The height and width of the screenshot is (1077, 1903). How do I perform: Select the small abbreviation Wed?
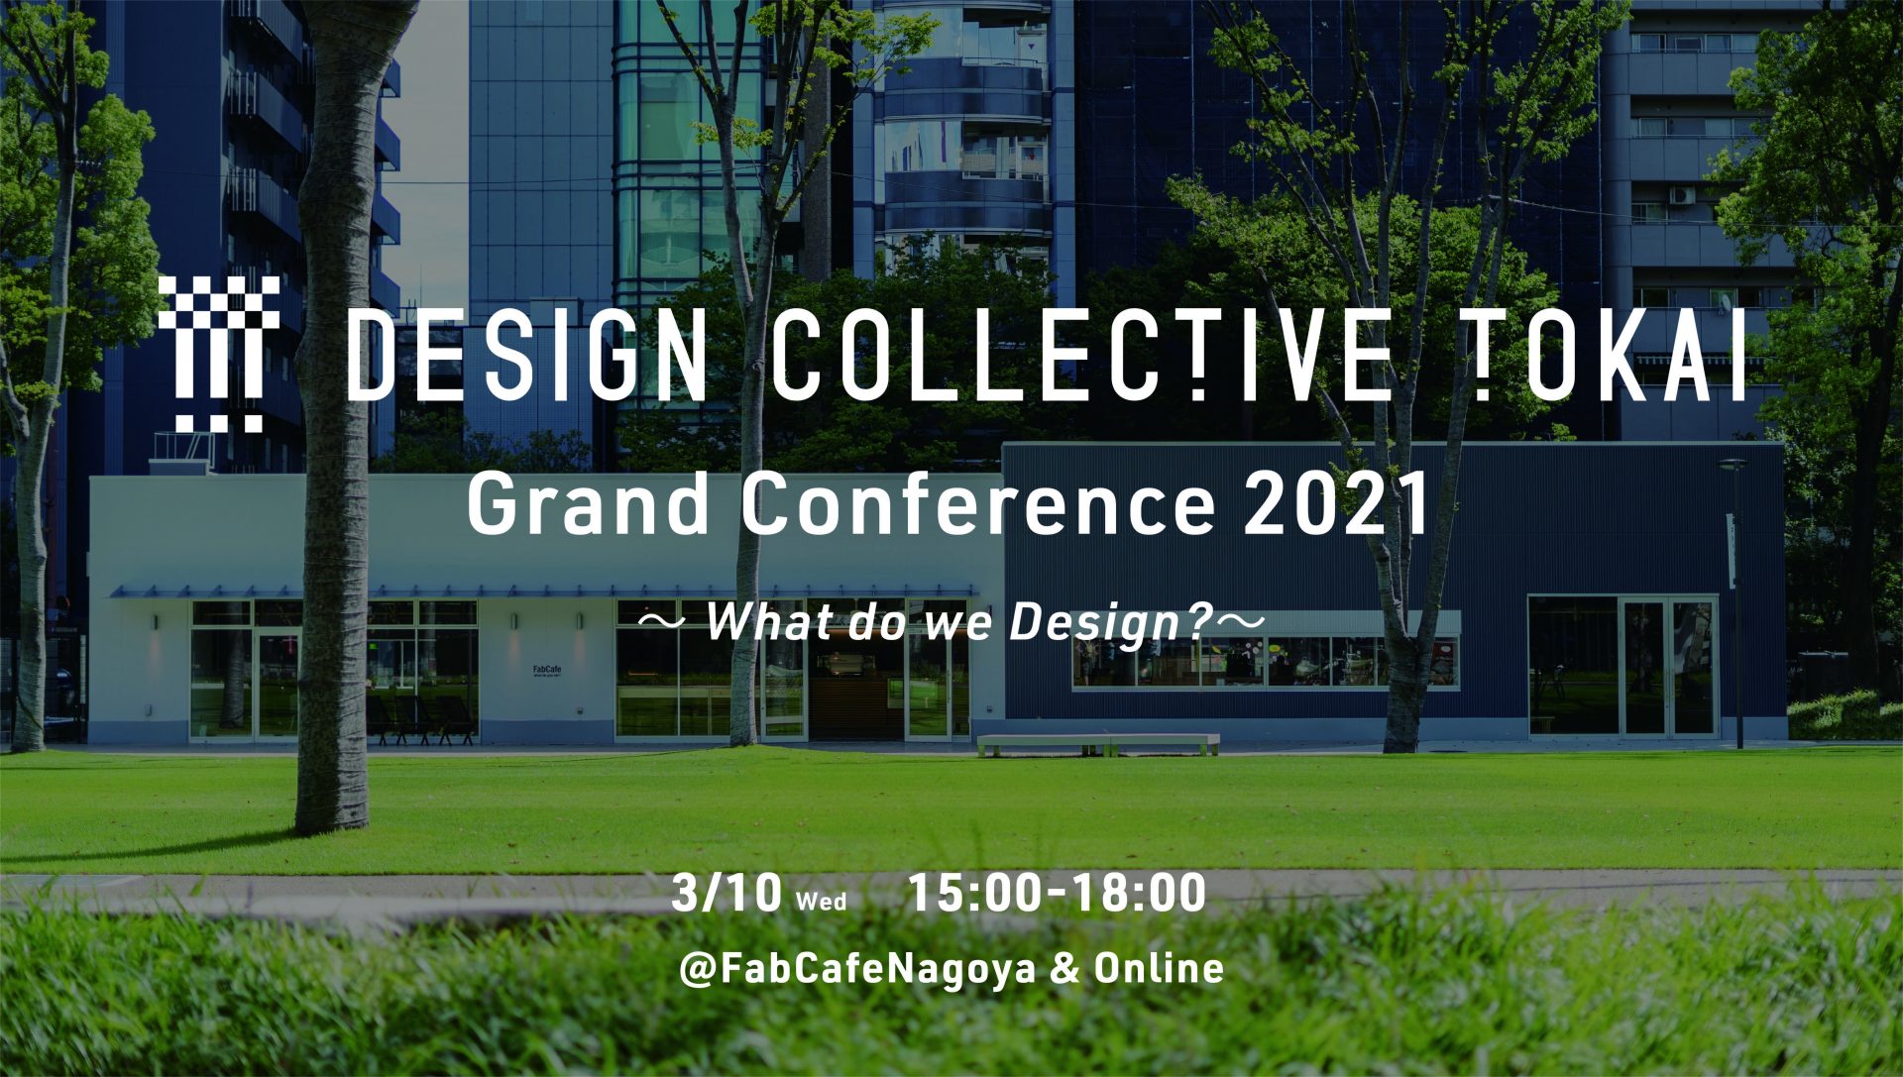[822, 902]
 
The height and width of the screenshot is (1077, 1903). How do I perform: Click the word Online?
[1159, 967]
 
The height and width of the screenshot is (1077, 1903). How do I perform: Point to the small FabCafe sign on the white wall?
[547, 671]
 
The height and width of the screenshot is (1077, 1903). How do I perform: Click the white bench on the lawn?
[1098, 744]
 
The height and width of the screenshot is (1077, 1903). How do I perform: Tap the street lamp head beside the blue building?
[1733, 464]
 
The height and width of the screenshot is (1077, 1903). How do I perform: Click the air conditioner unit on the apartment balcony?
[1682, 195]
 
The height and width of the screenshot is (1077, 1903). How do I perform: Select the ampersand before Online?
[1064, 968]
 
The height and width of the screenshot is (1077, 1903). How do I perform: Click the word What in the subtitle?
[761, 621]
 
